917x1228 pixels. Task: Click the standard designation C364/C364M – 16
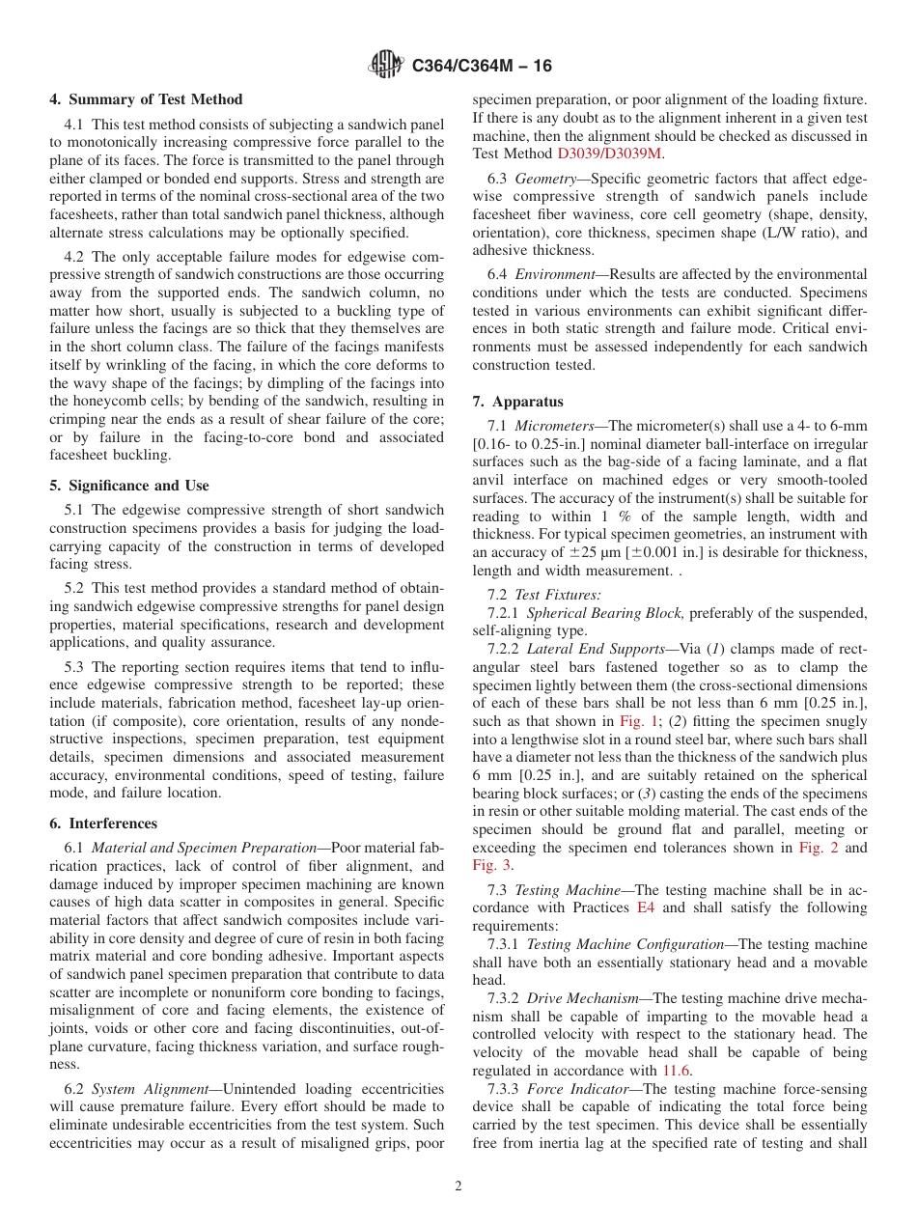tap(482, 66)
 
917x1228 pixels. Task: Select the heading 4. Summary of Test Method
tap(146, 99)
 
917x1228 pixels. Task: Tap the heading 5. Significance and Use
tap(129, 486)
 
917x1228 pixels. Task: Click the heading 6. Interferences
tap(103, 823)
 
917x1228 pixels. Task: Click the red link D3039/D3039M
tap(609, 153)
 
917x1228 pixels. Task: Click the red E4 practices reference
tap(646, 907)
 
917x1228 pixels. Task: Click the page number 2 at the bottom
tap(458, 1186)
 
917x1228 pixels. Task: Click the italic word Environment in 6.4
tap(555, 275)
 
